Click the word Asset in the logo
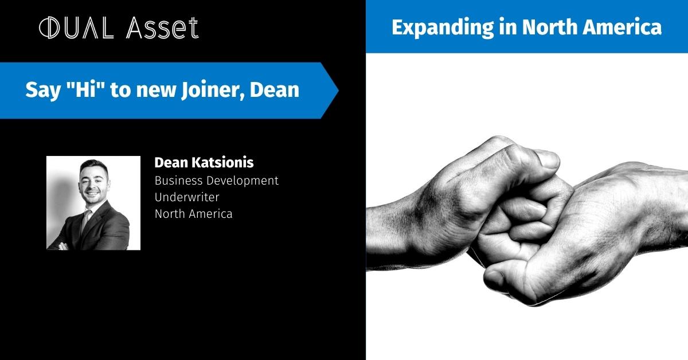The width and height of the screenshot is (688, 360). (168, 28)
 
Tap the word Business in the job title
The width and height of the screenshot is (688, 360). (177, 180)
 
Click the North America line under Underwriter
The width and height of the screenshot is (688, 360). (193, 214)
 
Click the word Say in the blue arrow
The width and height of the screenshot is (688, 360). (38, 91)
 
